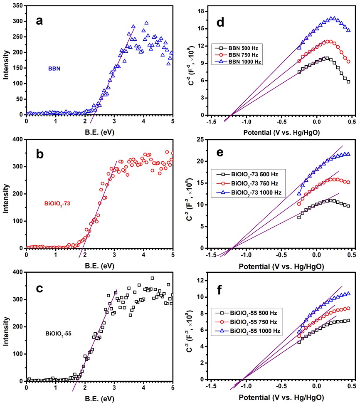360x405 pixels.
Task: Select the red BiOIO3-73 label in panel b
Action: pyautogui.click(x=57, y=203)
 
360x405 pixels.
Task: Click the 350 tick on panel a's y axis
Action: pyautogui.click(x=17, y=6)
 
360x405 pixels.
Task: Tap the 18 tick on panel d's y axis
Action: pyautogui.click(x=204, y=11)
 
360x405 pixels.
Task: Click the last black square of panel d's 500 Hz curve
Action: pyautogui.click(x=348, y=81)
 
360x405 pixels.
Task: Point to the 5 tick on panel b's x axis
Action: pyautogui.click(x=173, y=254)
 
